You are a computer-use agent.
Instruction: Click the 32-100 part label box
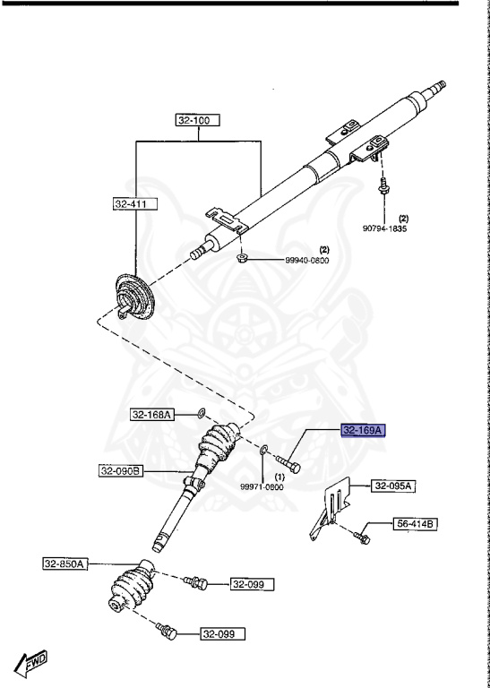[198, 120]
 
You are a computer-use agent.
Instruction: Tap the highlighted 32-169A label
[364, 431]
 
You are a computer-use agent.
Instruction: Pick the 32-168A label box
[152, 414]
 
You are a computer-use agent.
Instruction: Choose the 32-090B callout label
[121, 471]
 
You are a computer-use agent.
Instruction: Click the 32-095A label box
[393, 486]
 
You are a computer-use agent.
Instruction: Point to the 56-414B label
[416, 523]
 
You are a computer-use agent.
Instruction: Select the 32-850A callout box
[65, 563]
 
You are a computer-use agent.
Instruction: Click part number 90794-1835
[384, 228]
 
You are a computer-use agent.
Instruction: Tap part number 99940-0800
[307, 260]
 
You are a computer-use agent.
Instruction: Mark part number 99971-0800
[262, 487]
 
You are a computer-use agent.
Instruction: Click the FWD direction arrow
[30, 663]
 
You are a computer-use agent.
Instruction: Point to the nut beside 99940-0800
[241, 258]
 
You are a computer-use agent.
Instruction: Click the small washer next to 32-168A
[202, 412]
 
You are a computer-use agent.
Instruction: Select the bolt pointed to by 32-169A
[288, 464]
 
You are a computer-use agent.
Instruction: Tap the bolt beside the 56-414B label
[362, 537]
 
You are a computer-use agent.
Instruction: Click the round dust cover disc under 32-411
[133, 297]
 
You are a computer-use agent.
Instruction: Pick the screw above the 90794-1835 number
[383, 188]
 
